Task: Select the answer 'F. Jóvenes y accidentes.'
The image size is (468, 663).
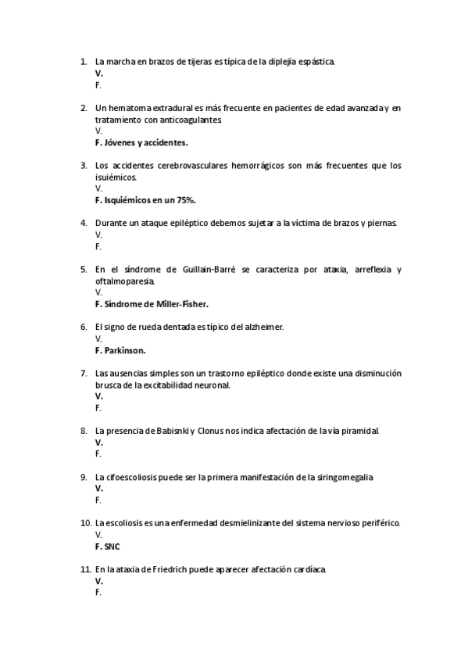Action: pos(141,143)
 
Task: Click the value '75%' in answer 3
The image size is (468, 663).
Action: pos(183,200)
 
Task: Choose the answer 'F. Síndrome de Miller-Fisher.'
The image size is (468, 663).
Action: pos(152,304)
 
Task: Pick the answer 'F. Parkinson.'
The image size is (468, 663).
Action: pos(120,350)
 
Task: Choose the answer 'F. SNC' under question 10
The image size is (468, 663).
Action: pos(108,547)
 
